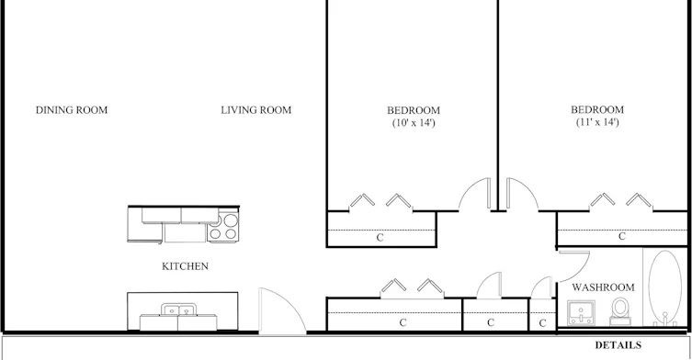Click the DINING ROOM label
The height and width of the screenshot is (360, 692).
[x=72, y=110]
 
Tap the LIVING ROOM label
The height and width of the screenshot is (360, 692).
[x=256, y=110]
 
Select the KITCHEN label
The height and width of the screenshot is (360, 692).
[x=185, y=266]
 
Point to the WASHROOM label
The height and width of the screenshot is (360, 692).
[x=603, y=287]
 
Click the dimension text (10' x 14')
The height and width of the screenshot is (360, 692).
[x=414, y=123]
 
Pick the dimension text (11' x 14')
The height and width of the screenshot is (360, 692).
[x=597, y=122]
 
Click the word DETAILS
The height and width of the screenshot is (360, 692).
[x=618, y=345]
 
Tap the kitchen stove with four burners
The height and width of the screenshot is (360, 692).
[x=223, y=226]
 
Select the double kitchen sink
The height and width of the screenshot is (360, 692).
[x=178, y=310]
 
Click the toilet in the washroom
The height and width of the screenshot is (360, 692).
[x=620, y=311]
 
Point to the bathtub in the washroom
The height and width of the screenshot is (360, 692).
[x=665, y=287]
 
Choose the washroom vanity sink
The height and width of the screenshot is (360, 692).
[x=581, y=312]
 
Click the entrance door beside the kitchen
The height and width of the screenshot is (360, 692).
[x=281, y=310]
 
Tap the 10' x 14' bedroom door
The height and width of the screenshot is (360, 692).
[x=475, y=194]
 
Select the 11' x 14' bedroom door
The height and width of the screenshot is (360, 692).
[x=522, y=194]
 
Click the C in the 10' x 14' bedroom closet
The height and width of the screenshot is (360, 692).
[x=380, y=238]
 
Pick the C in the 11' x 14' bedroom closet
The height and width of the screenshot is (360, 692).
[x=622, y=236]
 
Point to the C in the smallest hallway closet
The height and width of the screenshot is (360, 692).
[x=542, y=323]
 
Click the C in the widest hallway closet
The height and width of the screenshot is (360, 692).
[x=403, y=323]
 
